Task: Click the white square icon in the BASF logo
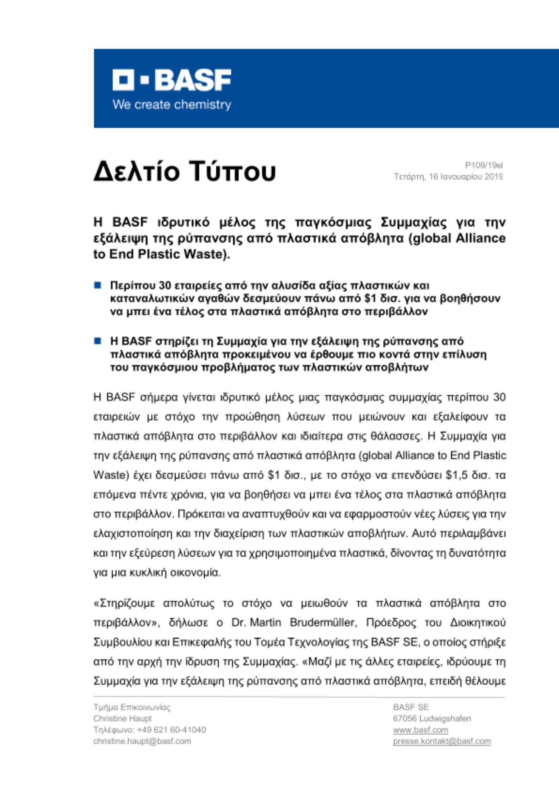123,80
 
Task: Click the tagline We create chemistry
172,105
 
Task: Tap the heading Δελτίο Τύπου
185,171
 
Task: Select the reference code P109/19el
483,165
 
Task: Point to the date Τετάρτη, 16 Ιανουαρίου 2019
448,177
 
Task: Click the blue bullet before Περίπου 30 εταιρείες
98,285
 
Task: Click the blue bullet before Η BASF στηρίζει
98,341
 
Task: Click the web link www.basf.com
420,730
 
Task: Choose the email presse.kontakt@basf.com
442,741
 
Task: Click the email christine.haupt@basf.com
142,741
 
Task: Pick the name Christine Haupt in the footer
123,718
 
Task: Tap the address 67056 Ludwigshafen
432,718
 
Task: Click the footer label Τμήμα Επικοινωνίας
132,707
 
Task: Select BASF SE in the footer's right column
411,707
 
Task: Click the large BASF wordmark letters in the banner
193,80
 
